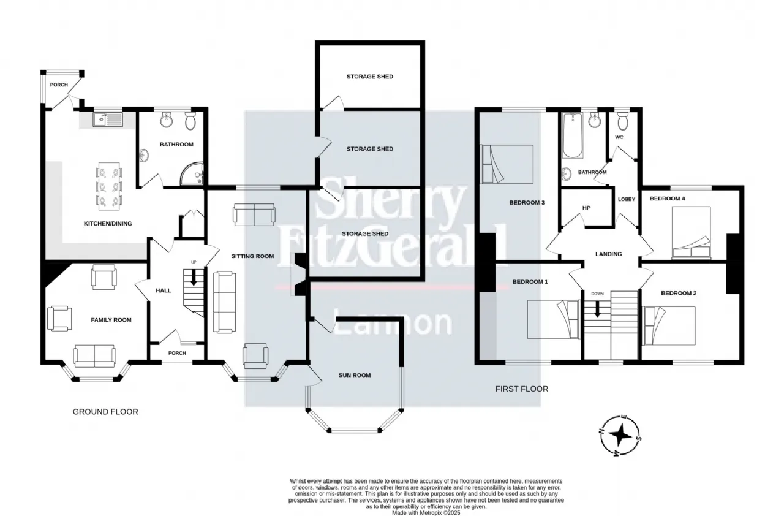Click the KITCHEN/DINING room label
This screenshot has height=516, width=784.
pyautogui.click(x=108, y=224)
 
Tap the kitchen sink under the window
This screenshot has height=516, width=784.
pyautogui.click(x=108, y=120)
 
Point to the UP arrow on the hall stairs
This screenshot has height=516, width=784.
pyautogui.click(x=193, y=277)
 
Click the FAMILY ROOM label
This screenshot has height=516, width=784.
pyautogui.click(x=111, y=320)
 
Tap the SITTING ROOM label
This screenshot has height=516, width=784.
pyautogui.click(x=252, y=256)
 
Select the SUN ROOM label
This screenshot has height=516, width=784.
pyautogui.click(x=355, y=375)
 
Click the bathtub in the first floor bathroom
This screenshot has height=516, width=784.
pyautogui.click(x=573, y=135)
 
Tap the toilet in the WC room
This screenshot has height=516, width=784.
pyautogui.click(x=623, y=121)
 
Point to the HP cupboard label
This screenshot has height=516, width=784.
pyautogui.click(x=587, y=208)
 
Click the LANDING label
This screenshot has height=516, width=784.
pyautogui.click(x=609, y=254)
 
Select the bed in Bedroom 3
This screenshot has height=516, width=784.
pyautogui.click(x=507, y=164)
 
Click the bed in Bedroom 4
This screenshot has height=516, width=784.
pyautogui.click(x=692, y=233)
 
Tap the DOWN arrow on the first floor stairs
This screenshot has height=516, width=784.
pyautogui.click(x=597, y=309)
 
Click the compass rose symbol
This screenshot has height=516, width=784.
pyautogui.click(x=620, y=436)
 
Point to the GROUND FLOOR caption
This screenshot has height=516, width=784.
pyautogui.click(x=105, y=412)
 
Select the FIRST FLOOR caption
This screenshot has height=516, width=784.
pyautogui.click(x=522, y=389)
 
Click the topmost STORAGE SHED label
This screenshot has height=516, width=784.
pyautogui.click(x=370, y=77)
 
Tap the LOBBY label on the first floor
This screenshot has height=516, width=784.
pyautogui.click(x=627, y=199)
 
